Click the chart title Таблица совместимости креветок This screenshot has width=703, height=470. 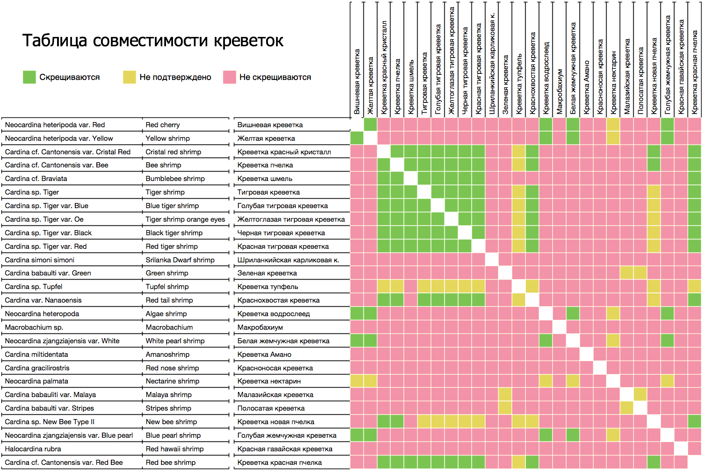tap(152, 41)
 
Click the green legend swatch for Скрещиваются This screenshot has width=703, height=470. tap(29, 77)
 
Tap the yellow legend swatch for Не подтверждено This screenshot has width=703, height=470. tap(129, 77)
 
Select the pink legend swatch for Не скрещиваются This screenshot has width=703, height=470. tap(229, 77)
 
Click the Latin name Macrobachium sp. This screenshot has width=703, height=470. tap(34, 327)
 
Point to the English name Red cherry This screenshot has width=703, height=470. tap(163, 125)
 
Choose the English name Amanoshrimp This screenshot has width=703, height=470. tap(167, 354)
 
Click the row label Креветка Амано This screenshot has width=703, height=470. tap(264, 354)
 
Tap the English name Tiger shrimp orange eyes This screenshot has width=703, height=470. tap(185, 219)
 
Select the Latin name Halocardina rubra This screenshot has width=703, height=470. tap(33, 449)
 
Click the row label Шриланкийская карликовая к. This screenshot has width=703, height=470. tap(288, 260)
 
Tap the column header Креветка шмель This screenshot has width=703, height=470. tap(411, 87)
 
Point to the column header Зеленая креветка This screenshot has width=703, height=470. tap(506, 85)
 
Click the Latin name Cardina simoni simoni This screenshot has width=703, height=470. tap(40, 260)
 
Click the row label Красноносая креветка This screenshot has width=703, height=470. tap(275, 368)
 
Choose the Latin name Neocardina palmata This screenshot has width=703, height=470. tap(36, 381)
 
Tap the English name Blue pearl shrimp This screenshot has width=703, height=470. tap(173, 435)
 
